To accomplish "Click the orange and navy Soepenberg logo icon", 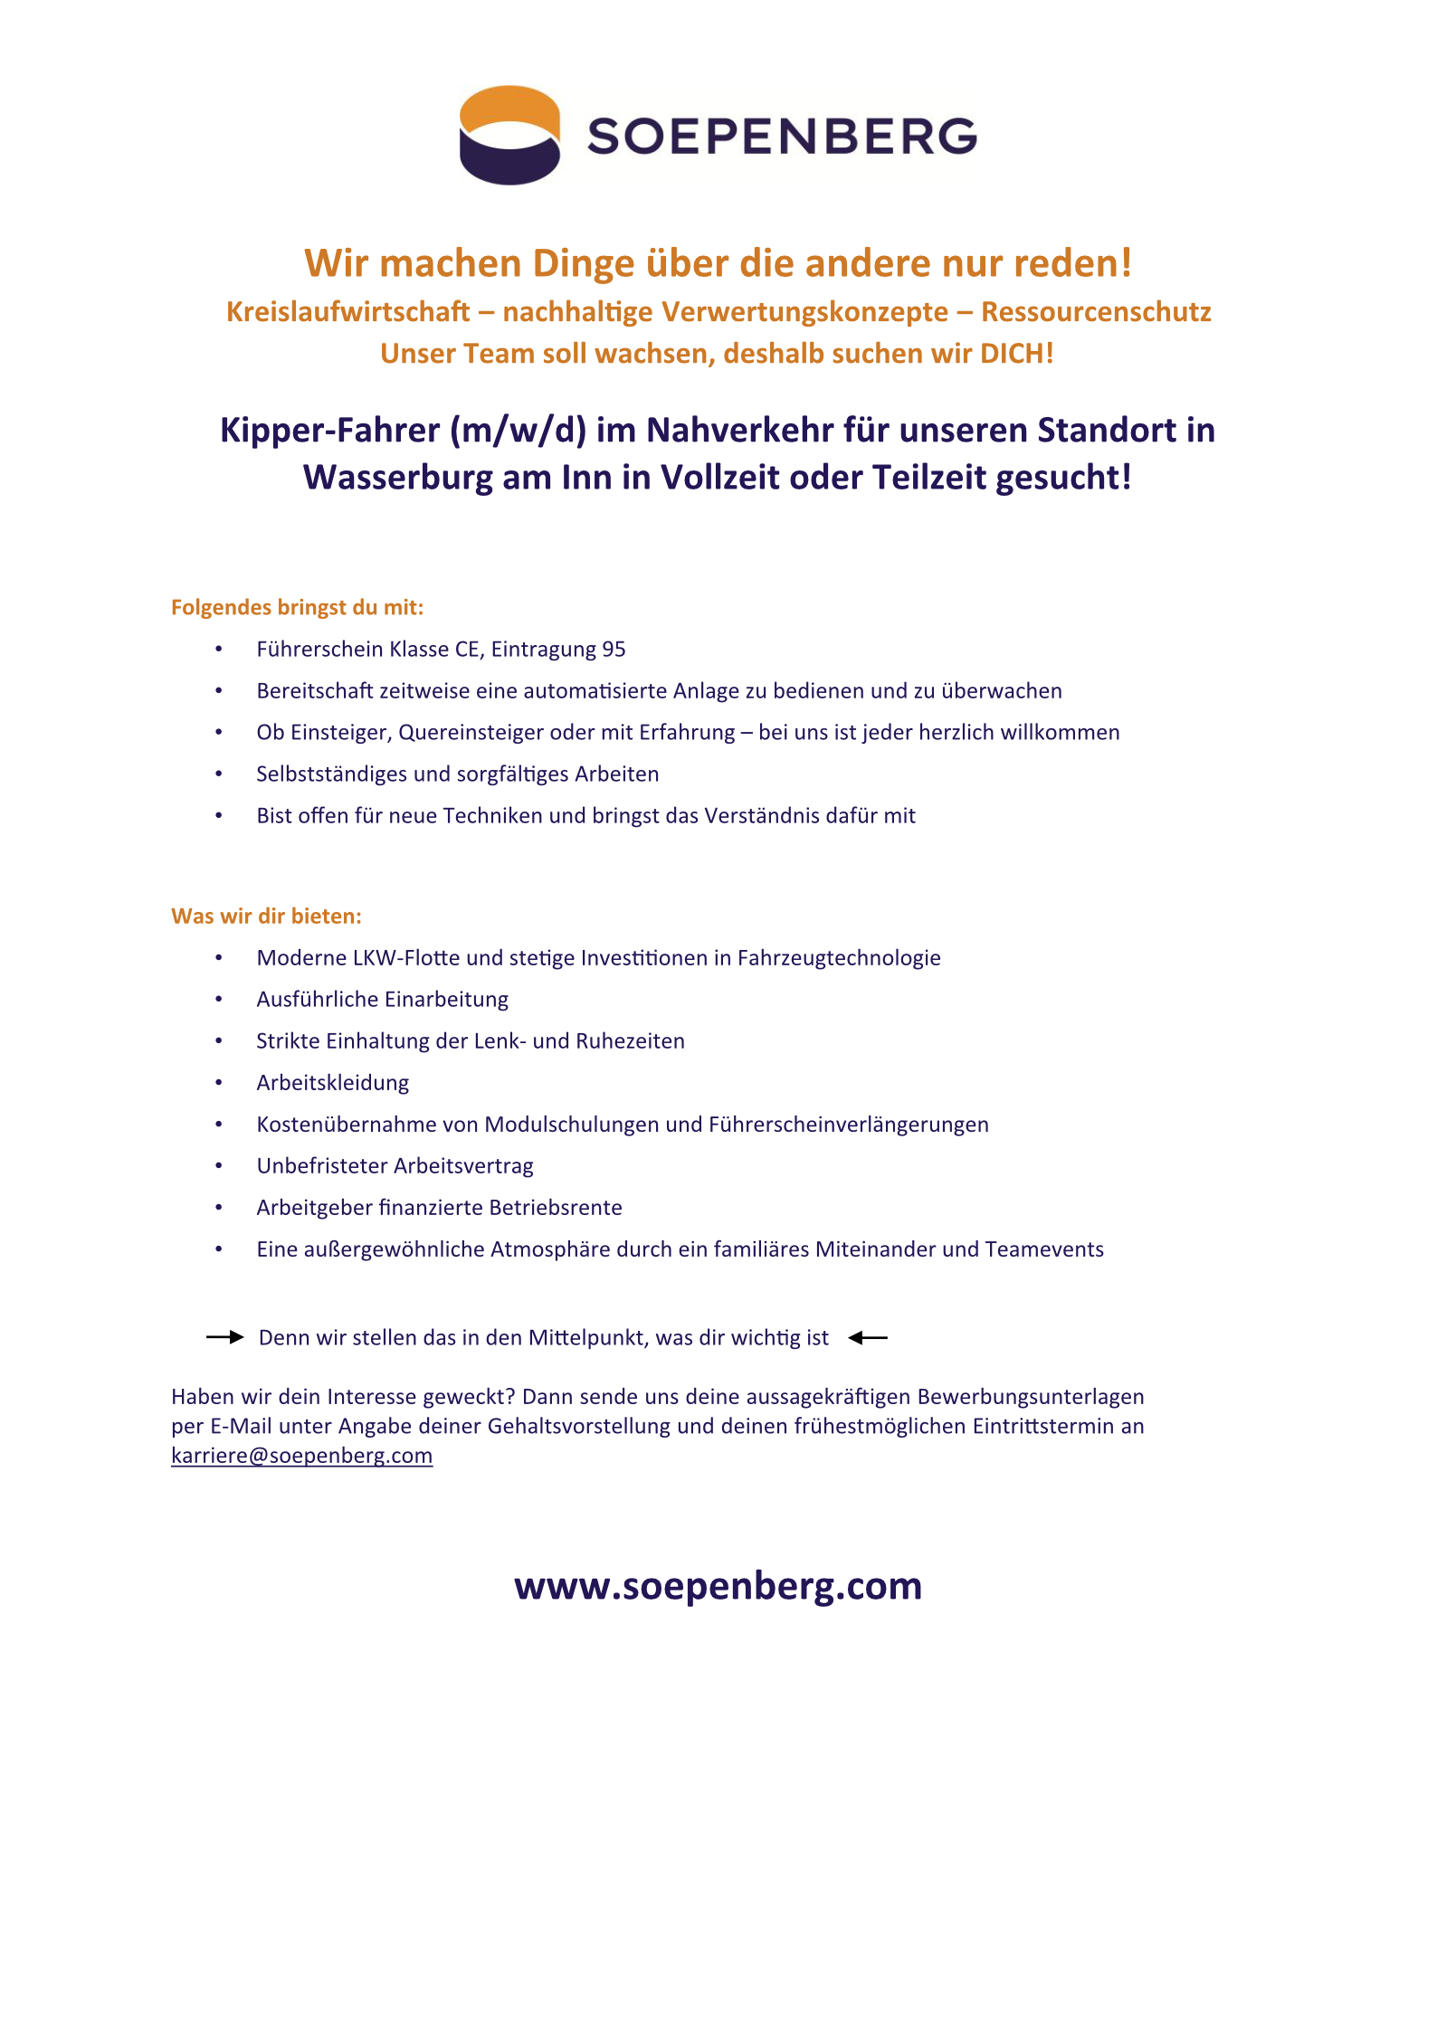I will (x=509, y=136).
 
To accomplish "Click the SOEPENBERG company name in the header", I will (x=782, y=137).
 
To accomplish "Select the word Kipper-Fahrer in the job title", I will (x=330, y=431).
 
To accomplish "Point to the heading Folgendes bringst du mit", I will (x=297, y=607).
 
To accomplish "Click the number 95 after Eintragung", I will (x=614, y=650).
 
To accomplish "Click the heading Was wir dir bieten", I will (x=266, y=916).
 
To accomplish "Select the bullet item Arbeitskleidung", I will (x=332, y=1083).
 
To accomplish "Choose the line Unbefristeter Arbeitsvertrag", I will (x=395, y=1166).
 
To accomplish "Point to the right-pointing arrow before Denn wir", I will (x=224, y=1337).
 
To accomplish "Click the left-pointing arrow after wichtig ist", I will (x=868, y=1337).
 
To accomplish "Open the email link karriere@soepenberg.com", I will (x=301, y=1456).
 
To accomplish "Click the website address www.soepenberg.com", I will (x=718, y=1586).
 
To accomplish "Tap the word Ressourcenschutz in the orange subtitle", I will (x=1096, y=312).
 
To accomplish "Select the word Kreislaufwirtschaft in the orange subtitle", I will (x=347, y=312).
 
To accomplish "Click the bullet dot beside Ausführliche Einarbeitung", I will (x=218, y=1000).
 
